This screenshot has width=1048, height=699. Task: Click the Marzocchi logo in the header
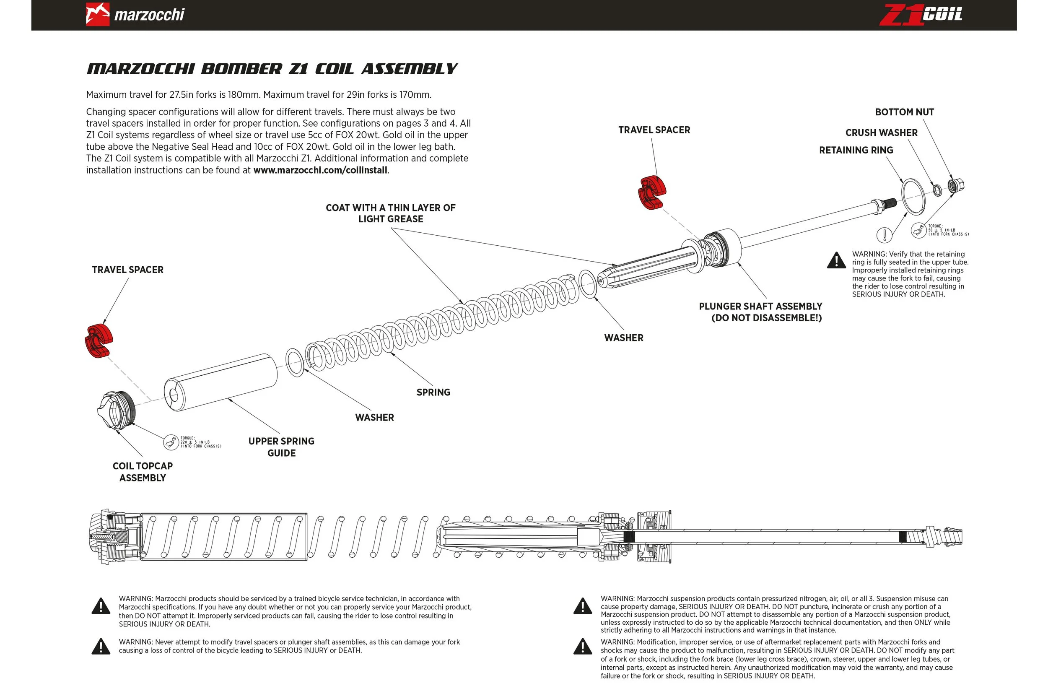[135, 14]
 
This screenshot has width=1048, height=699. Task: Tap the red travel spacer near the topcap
[99, 341]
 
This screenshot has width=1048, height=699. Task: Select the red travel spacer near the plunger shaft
[652, 192]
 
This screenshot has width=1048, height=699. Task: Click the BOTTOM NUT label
[904, 112]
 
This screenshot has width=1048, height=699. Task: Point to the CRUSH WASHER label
[881, 133]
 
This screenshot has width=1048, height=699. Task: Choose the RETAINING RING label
[856, 150]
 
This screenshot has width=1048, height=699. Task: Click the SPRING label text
[433, 392]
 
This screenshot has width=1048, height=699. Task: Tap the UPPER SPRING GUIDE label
[281, 447]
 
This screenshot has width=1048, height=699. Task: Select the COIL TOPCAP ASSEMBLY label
[143, 472]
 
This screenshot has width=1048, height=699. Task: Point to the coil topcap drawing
[115, 411]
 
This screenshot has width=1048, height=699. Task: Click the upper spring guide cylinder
[220, 382]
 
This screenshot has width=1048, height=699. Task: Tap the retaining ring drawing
[913, 197]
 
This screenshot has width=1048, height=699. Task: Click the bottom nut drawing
[955, 185]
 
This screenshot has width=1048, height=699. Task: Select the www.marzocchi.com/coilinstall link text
[320, 170]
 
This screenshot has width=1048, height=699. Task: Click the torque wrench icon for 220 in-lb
[171, 442]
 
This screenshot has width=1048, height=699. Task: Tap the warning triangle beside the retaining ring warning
[836, 260]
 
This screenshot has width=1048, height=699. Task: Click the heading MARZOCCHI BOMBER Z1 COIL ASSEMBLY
[272, 69]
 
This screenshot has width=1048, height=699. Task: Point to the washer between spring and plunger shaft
[588, 284]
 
